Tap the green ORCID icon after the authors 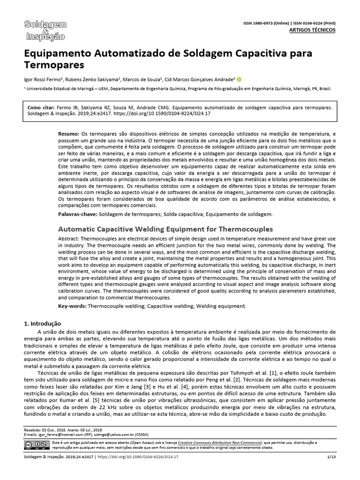(x=239, y=79)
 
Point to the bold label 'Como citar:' (x=42, y=107)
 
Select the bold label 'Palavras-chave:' (x=78, y=214)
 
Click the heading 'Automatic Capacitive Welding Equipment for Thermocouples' (x=165, y=229)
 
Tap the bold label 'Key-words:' (x=72, y=306)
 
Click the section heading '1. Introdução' (x=42, y=323)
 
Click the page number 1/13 (x=331, y=457)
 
